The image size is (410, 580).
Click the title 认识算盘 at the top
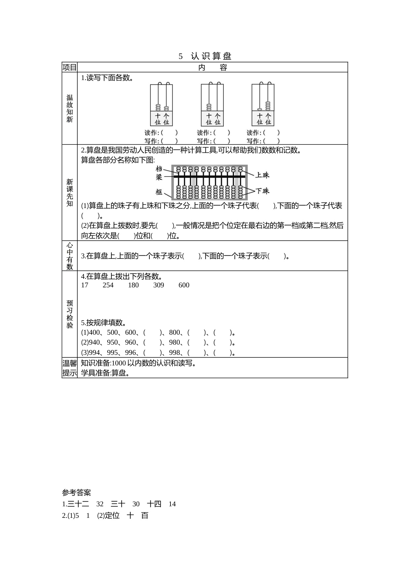click(x=211, y=56)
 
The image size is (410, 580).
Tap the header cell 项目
click(x=69, y=67)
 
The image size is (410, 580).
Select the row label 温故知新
click(x=70, y=108)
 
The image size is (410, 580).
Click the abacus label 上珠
click(x=262, y=175)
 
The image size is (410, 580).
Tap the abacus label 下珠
click(x=262, y=191)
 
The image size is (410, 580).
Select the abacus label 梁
click(x=159, y=177)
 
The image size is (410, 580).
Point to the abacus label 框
click(x=159, y=192)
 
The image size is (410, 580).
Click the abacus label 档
click(x=159, y=169)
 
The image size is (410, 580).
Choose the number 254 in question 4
click(x=108, y=285)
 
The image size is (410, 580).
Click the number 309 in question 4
click(x=159, y=285)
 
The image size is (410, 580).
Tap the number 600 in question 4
click(x=184, y=285)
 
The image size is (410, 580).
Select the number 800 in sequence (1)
click(x=175, y=332)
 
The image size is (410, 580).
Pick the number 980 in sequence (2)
click(x=175, y=342)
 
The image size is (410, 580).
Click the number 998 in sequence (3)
click(x=175, y=352)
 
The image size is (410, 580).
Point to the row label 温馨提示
click(x=70, y=368)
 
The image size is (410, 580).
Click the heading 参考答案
click(x=76, y=493)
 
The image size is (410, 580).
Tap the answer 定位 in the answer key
click(x=112, y=516)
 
